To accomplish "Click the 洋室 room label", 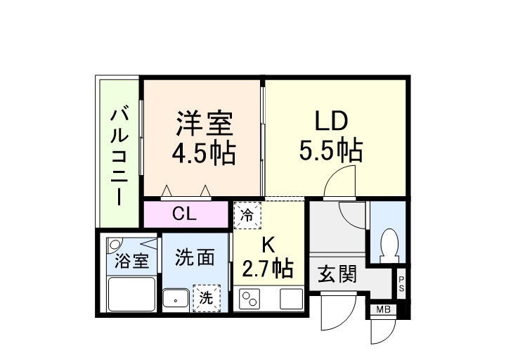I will (205, 124).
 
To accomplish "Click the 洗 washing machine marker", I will (206, 297).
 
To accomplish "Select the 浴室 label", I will (131, 261).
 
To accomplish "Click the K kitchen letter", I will (268, 245).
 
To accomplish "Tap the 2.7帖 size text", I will (268, 269).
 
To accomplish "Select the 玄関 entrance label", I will (339, 274).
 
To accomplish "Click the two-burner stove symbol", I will (250, 299).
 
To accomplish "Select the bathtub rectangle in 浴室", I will (131, 294).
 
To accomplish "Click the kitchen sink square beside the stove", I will (291, 299).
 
